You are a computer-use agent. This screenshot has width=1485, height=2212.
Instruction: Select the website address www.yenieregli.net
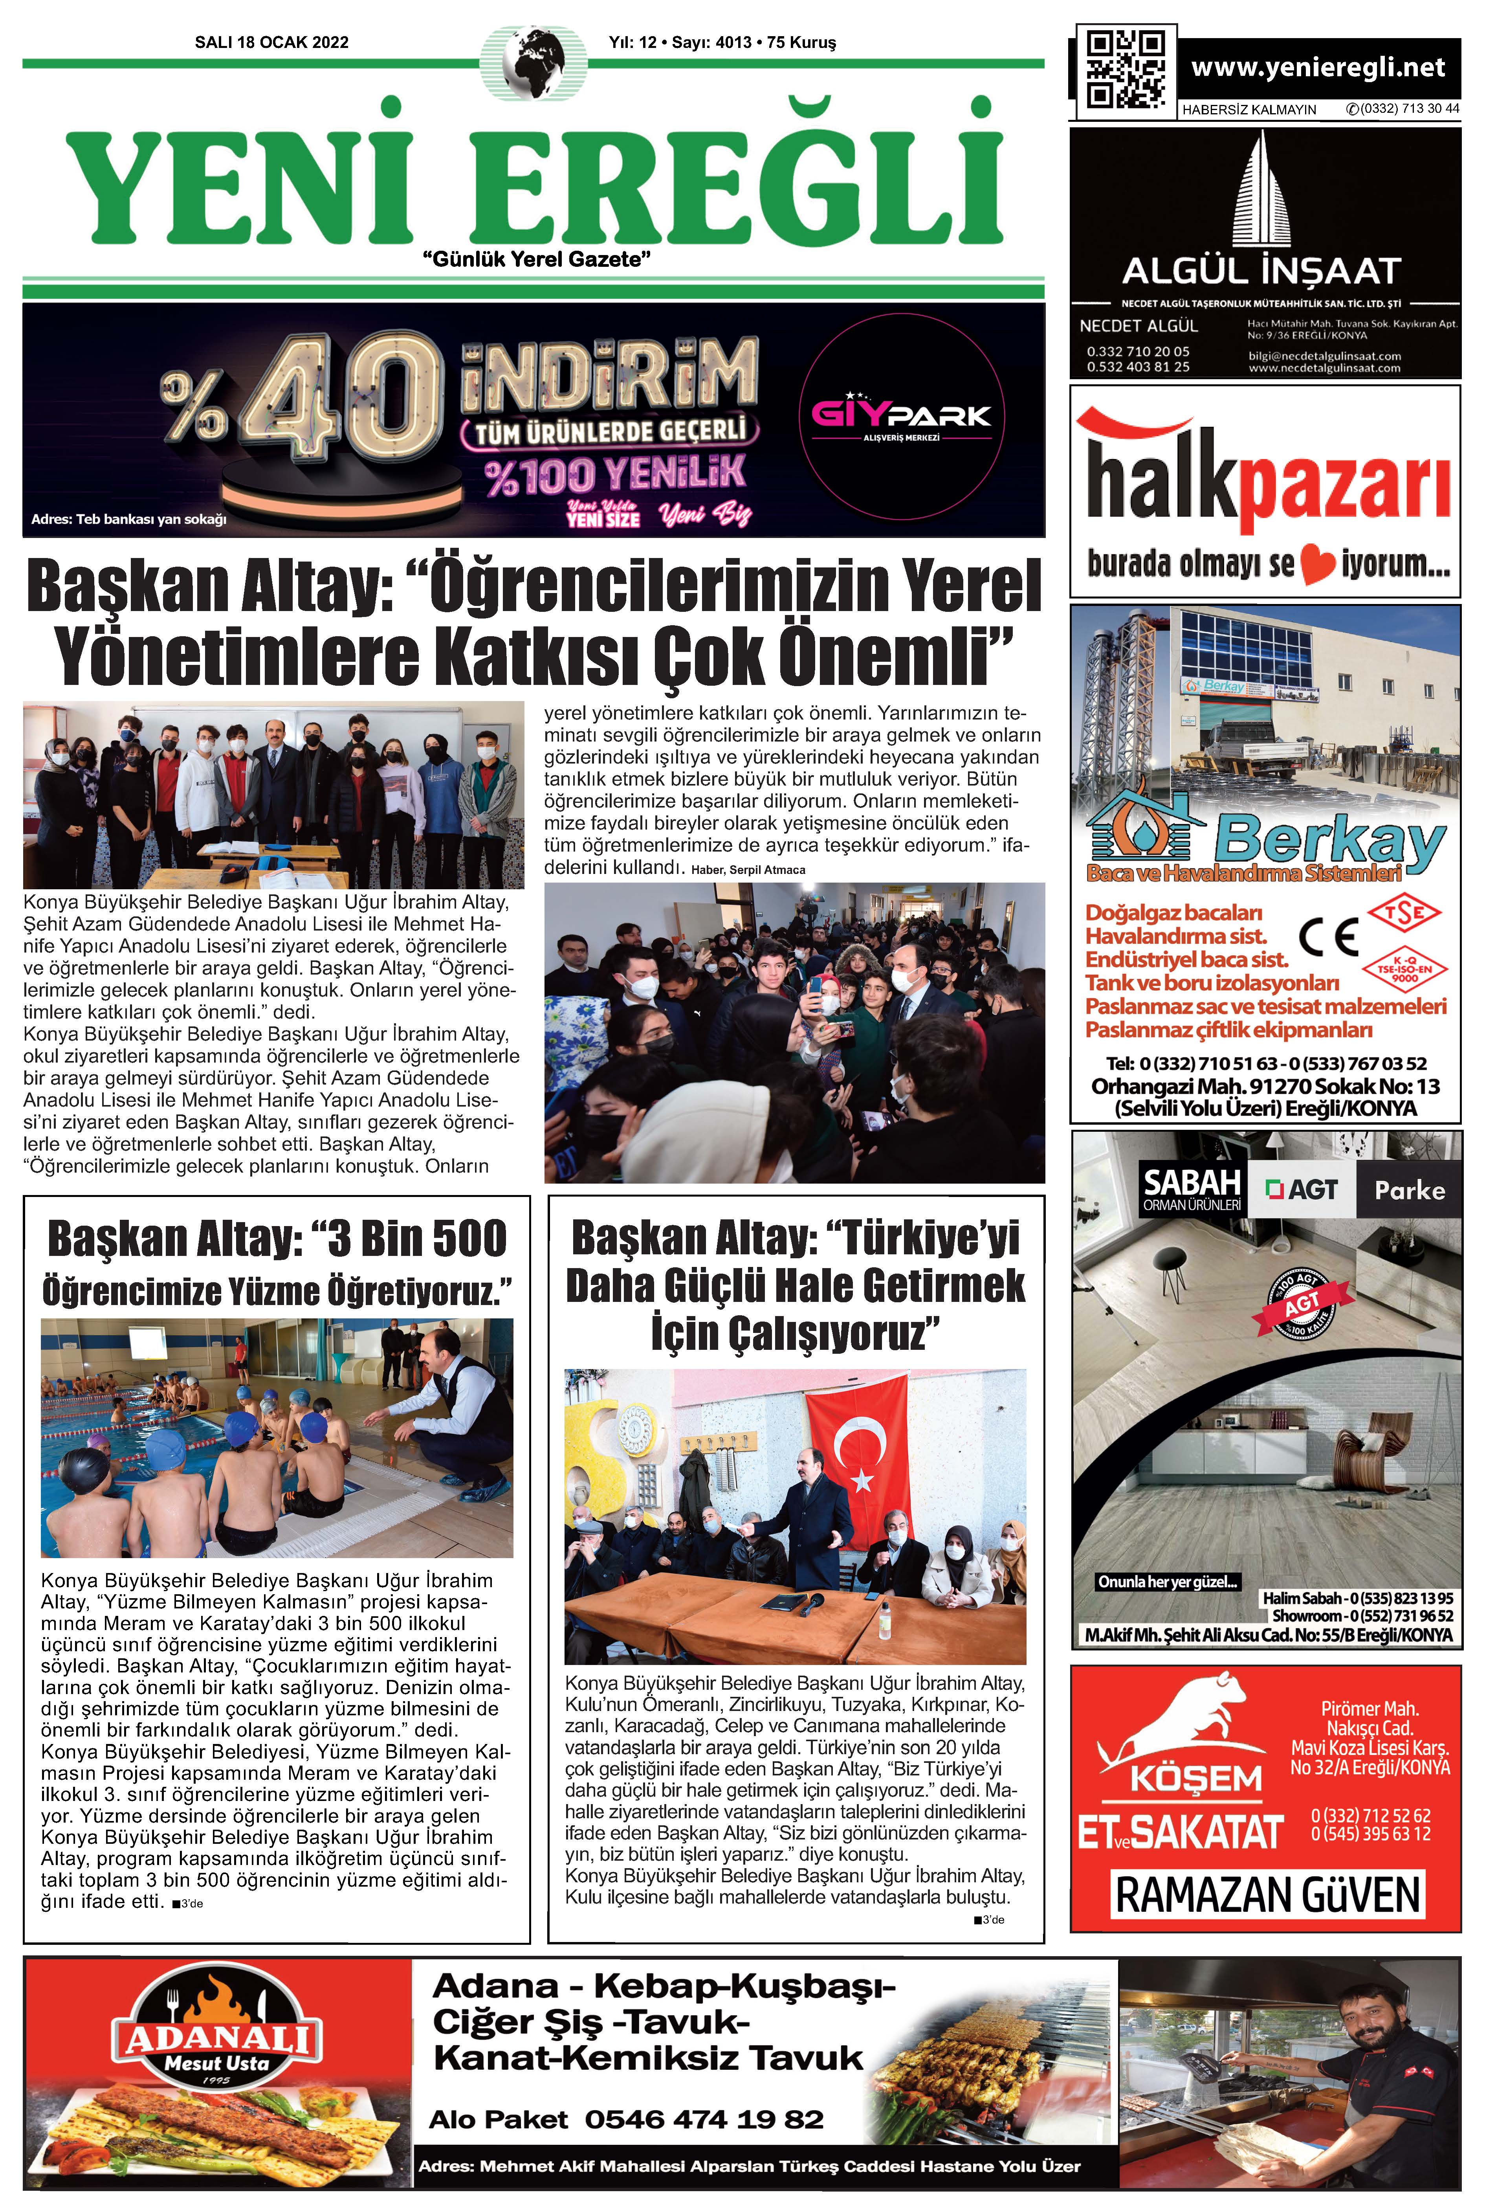1317,67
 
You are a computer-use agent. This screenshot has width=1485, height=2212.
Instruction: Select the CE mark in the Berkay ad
1329,937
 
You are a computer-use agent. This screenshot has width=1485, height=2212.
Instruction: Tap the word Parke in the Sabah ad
1409,1191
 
